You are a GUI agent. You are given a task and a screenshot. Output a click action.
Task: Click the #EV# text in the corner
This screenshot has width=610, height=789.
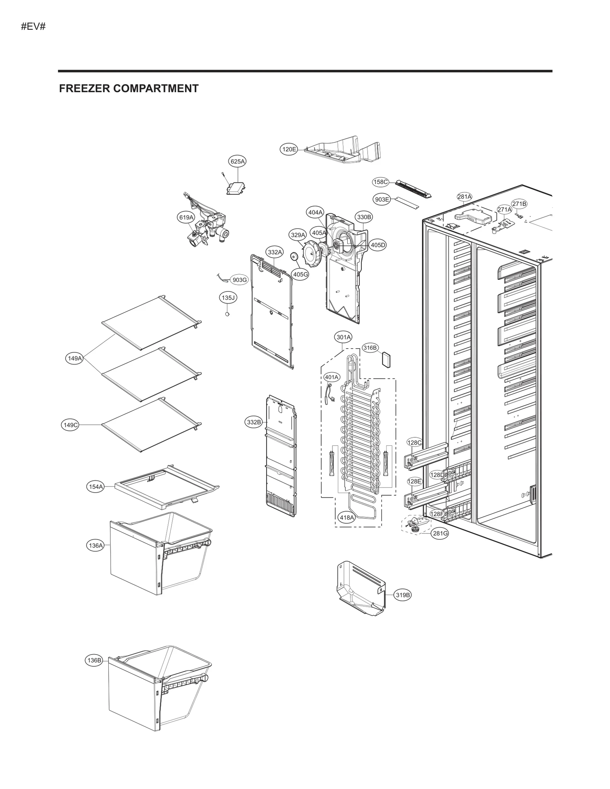tap(33, 27)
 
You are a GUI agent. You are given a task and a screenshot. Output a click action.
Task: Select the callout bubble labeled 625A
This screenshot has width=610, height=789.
tap(237, 162)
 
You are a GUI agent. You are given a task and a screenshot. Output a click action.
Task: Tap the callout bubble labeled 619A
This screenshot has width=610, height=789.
tap(186, 217)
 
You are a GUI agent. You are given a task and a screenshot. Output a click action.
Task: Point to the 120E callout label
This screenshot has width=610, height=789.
tap(289, 149)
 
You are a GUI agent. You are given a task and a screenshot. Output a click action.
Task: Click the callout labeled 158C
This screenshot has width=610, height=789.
tap(380, 182)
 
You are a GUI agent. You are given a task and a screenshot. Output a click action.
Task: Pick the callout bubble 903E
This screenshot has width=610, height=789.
tap(382, 199)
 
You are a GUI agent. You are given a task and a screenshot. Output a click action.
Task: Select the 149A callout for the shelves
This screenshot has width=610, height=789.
tap(74, 358)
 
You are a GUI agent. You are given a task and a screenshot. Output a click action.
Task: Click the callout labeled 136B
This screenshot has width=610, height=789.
tap(94, 660)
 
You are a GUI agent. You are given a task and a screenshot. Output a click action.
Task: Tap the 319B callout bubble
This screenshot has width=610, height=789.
tap(403, 595)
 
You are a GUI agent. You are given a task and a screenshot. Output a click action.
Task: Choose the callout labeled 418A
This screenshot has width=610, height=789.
tap(347, 517)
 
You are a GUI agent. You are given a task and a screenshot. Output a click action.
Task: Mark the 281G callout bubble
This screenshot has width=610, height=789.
tap(440, 533)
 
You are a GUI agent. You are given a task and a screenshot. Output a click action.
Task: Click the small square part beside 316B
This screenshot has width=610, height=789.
tap(387, 359)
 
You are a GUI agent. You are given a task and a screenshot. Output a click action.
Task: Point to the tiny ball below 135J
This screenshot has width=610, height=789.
tap(228, 314)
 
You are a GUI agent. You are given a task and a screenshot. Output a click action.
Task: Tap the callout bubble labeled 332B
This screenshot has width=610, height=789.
tap(254, 422)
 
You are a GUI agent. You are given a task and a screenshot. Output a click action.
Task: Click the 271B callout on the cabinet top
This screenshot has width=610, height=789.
tap(519, 204)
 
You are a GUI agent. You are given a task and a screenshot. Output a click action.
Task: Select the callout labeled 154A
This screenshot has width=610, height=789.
tap(96, 487)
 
